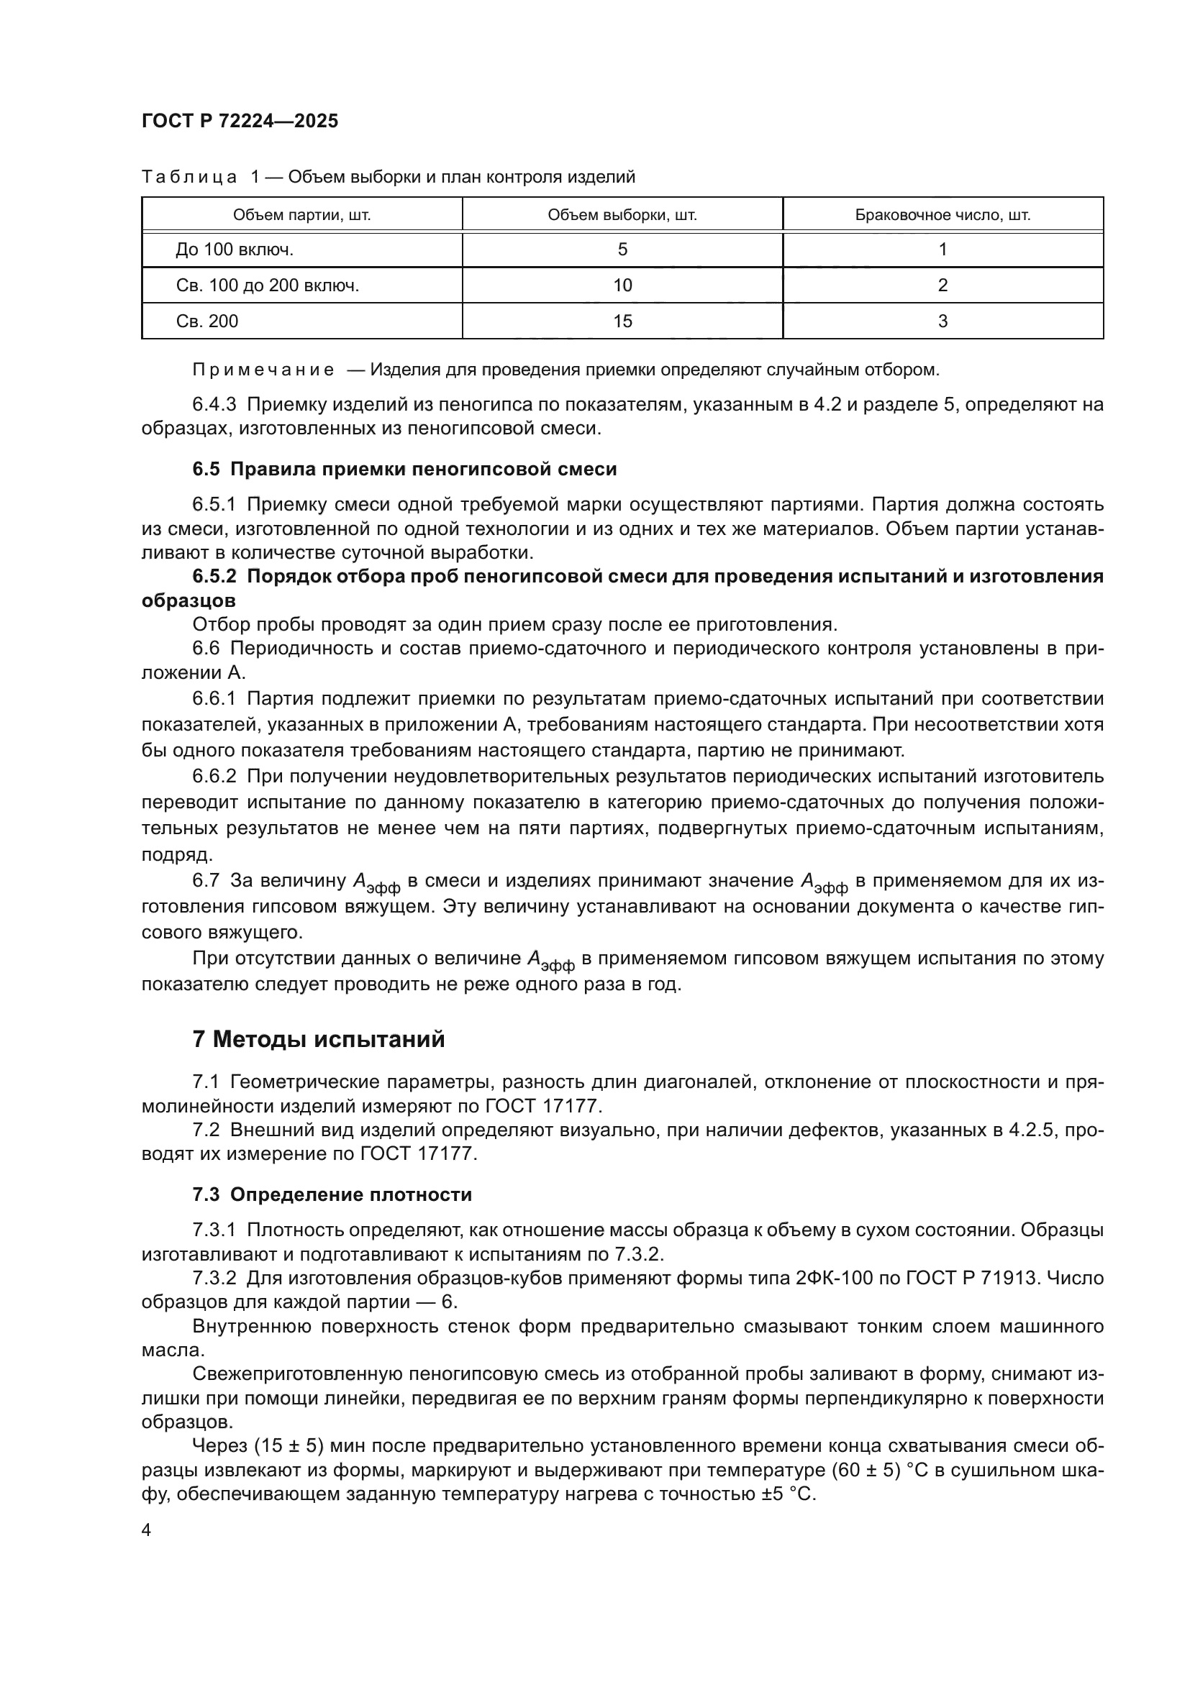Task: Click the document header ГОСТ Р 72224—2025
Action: (x=240, y=121)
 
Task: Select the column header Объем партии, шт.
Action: (x=301, y=216)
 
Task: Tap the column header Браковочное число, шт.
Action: (x=943, y=216)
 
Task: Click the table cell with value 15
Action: (x=622, y=321)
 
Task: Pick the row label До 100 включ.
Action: (x=235, y=250)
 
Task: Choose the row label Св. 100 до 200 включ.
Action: (x=268, y=285)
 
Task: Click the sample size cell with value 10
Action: (x=622, y=285)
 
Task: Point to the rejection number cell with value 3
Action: (x=943, y=321)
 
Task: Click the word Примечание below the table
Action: (x=263, y=370)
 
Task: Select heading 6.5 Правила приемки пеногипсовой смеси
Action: (x=404, y=469)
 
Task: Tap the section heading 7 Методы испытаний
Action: (x=318, y=1040)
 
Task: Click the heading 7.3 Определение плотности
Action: (x=332, y=1195)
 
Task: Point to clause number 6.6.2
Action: (x=214, y=776)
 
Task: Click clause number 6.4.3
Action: (x=214, y=404)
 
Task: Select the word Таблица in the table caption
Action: (x=189, y=178)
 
